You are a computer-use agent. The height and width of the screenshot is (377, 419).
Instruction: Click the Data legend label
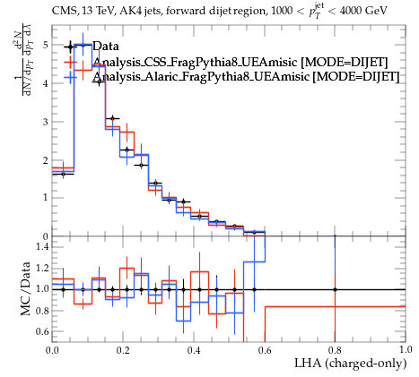click(106, 46)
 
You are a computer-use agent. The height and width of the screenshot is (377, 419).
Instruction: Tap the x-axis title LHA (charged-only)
click(351, 364)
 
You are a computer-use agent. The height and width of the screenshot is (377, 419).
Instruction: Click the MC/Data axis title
click(26, 288)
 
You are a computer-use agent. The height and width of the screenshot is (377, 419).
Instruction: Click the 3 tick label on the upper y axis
click(45, 122)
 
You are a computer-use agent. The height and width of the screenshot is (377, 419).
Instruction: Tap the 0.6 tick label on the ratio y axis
click(41, 331)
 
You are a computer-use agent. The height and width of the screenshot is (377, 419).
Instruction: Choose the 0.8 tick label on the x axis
click(335, 349)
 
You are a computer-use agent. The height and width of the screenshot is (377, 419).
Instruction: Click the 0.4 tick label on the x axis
click(194, 349)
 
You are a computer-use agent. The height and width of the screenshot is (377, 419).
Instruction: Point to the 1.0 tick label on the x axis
click(406, 349)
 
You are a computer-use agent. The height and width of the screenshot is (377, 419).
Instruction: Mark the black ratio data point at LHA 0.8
click(335, 289)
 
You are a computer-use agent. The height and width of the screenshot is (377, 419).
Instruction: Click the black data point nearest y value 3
click(112, 118)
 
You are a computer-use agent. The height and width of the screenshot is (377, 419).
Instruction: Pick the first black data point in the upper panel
click(63, 174)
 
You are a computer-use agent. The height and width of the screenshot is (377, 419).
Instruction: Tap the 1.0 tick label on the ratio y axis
click(41, 289)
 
